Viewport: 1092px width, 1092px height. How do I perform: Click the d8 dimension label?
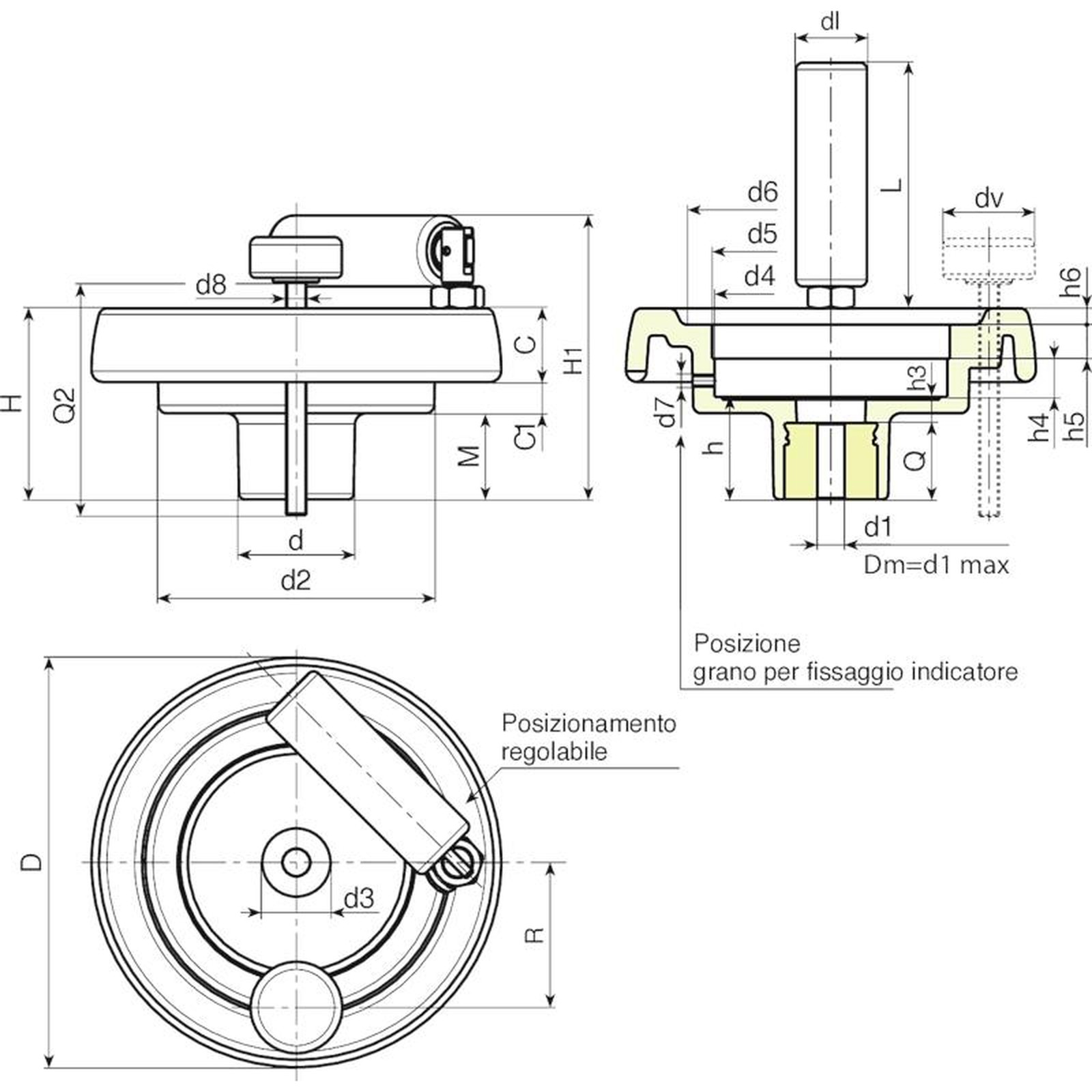(210, 285)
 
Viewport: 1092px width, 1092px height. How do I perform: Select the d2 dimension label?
(296, 581)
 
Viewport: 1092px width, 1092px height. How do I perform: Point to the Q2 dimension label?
(65, 404)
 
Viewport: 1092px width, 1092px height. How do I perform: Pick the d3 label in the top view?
(359, 899)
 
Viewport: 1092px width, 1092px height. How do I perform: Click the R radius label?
(535, 934)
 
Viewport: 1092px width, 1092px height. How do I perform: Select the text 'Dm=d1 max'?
(936, 565)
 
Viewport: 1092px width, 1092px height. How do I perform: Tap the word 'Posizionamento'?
(588, 723)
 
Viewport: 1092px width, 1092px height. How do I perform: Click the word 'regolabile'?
(554, 751)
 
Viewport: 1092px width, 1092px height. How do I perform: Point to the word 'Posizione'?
(747, 643)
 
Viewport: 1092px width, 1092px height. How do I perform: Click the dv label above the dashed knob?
(988, 199)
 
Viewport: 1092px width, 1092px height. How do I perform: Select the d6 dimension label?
(762, 192)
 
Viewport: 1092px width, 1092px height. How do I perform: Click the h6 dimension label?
(1071, 281)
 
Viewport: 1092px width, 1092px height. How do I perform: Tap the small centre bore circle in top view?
(296, 862)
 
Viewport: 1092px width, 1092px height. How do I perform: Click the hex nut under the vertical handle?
(831, 297)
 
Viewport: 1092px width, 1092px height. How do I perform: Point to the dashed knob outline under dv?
(988, 256)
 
